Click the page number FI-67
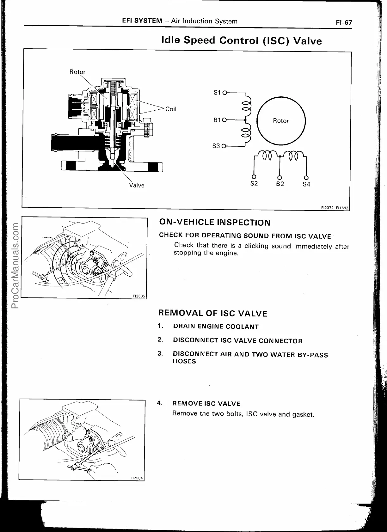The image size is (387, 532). [x=344, y=23]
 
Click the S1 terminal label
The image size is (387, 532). [x=217, y=93]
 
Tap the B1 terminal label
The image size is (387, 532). [x=217, y=120]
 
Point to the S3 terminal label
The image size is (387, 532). [x=216, y=146]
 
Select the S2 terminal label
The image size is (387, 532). [x=254, y=183]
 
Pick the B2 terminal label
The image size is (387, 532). [x=280, y=184]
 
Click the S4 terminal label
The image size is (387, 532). [x=306, y=184]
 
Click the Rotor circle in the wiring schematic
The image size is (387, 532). [x=281, y=120]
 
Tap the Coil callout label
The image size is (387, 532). [x=171, y=109]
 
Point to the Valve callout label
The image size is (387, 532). [x=137, y=185]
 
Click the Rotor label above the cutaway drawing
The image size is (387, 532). [x=77, y=72]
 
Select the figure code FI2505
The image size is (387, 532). [x=139, y=296]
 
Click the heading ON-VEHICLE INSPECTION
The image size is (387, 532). [x=215, y=223]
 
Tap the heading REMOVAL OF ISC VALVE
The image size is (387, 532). [x=212, y=314]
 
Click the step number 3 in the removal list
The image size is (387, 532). [x=160, y=353]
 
